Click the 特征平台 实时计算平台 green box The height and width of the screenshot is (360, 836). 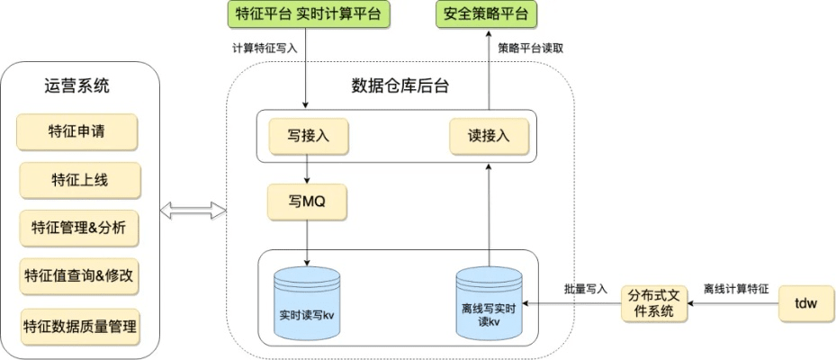pos(307,13)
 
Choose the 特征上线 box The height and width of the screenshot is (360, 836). pos(79,179)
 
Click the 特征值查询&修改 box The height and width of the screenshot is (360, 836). pos(79,276)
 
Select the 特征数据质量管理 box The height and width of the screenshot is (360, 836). pos(79,325)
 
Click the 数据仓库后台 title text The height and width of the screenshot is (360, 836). pos(400,85)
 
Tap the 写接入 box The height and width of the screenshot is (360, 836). pos(308,136)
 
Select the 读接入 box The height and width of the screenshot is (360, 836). pos(489,136)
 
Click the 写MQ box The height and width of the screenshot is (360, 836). pos(307,202)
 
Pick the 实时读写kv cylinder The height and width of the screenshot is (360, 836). pos(308,303)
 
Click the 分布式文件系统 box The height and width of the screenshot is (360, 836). pos(654,302)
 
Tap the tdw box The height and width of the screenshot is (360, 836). pos(806,303)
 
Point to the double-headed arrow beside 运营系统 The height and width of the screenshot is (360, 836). pos(192,210)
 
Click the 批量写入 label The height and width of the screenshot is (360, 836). pos(586,290)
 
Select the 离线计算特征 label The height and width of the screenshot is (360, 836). pos(735,290)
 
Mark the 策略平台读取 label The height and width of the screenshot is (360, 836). pos(531,48)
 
